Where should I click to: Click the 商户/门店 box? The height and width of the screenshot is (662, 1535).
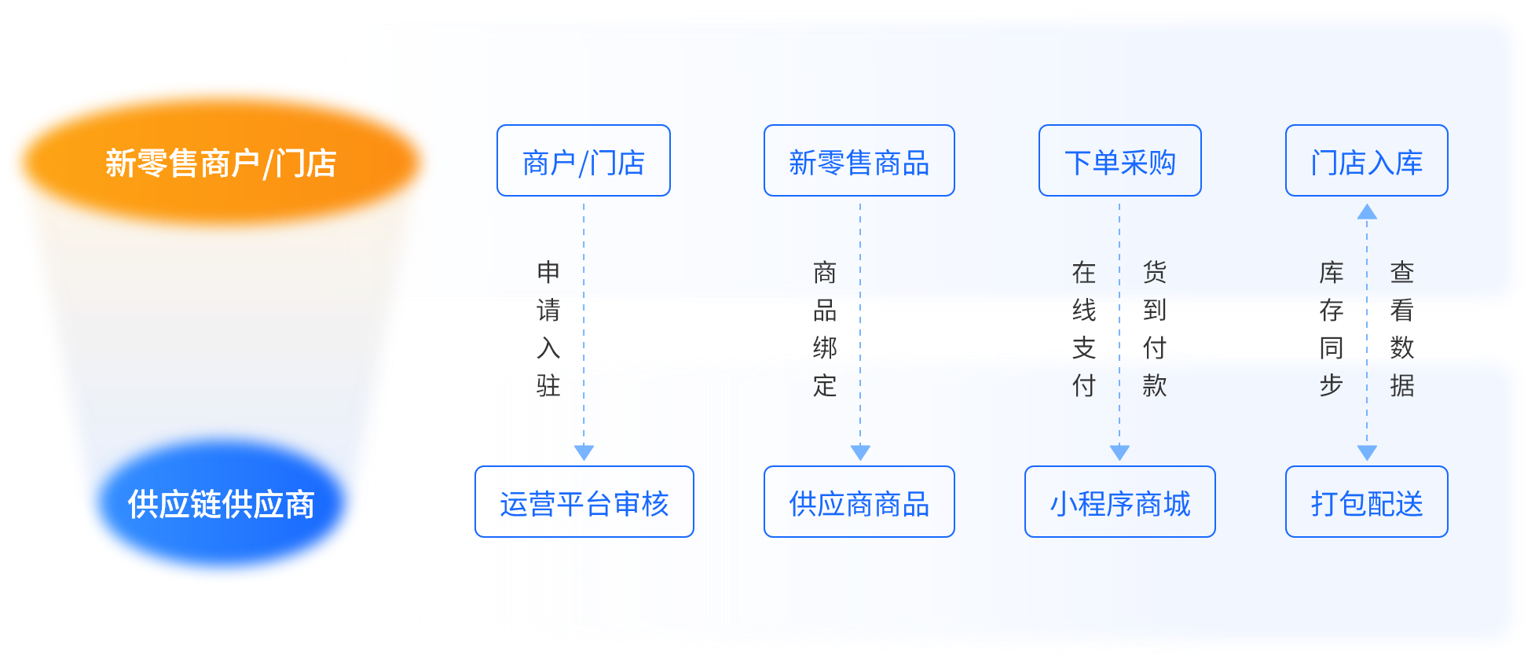[x=583, y=161]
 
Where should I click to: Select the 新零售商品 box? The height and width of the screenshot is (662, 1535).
[x=859, y=161]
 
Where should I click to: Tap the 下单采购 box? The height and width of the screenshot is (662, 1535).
[x=1119, y=161]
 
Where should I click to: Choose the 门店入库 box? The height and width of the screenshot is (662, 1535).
[x=1366, y=161]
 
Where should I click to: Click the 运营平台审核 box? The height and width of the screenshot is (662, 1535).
[x=584, y=502]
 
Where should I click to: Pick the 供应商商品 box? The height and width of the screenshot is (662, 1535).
[x=859, y=502]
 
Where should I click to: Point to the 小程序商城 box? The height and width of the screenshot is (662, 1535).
[x=1119, y=502]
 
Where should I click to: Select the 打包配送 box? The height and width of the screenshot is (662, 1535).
[x=1366, y=502]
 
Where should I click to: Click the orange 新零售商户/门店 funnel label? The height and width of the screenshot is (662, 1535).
[x=220, y=163]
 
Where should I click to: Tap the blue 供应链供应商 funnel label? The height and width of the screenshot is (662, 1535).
[x=221, y=504]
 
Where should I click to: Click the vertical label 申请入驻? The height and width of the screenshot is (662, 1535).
[x=548, y=329]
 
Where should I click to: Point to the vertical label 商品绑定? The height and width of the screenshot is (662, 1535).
[x=825, y=329]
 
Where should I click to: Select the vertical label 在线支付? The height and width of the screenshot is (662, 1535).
[x=1084, y=329]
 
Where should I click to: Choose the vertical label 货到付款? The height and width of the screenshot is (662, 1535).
[x=1155, y=329]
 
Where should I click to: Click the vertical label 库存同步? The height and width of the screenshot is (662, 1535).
[x=1332, y=329]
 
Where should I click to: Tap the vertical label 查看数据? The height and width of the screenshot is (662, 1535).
[x=1402, y=329]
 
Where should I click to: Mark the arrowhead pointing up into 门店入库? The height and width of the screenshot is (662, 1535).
[x=1367, y=211]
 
